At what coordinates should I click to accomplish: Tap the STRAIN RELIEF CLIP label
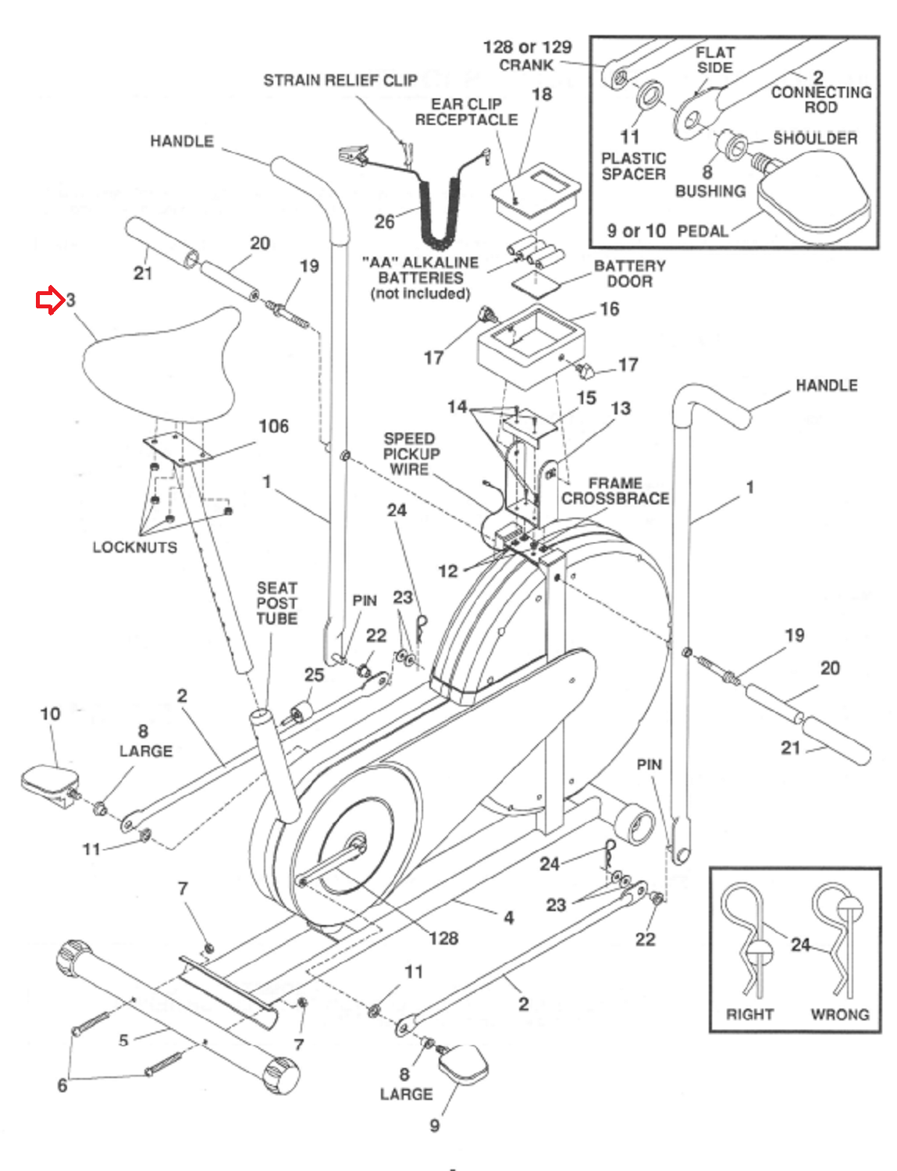pyautogui.click(x=340, y=80)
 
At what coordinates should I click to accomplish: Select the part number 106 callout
pyautogui.click(x=273, y=426)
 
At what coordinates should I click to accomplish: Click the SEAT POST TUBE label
pyautogui.click(x=277, y=603)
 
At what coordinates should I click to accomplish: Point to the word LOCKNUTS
pyautogui.click(x=135, y=547)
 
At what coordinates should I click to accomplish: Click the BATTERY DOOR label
pyautogui.click(x=629, y=273)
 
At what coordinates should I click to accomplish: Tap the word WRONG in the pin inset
pyautogui.click(x=839, y=1014)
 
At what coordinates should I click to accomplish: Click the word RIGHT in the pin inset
pyautogui.click(x=749, y=1014)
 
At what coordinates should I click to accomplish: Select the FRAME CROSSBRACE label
pyautogui.click(x=615, y=491)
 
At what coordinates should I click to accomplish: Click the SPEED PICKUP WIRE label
pyautogui.click(x=411, y=454)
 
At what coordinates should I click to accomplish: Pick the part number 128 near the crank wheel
pyautogui.click(x=443, y=938)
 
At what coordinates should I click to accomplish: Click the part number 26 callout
pyautogui.click(x=384, y=222)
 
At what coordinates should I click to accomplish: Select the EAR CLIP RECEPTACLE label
pyautogui.click(x=466, y=112)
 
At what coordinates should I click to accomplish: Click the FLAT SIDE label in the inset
pyautogui.click(x=714, y=60)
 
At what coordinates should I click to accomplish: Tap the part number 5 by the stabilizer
pyautogui.click(x=123, y=1040)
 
